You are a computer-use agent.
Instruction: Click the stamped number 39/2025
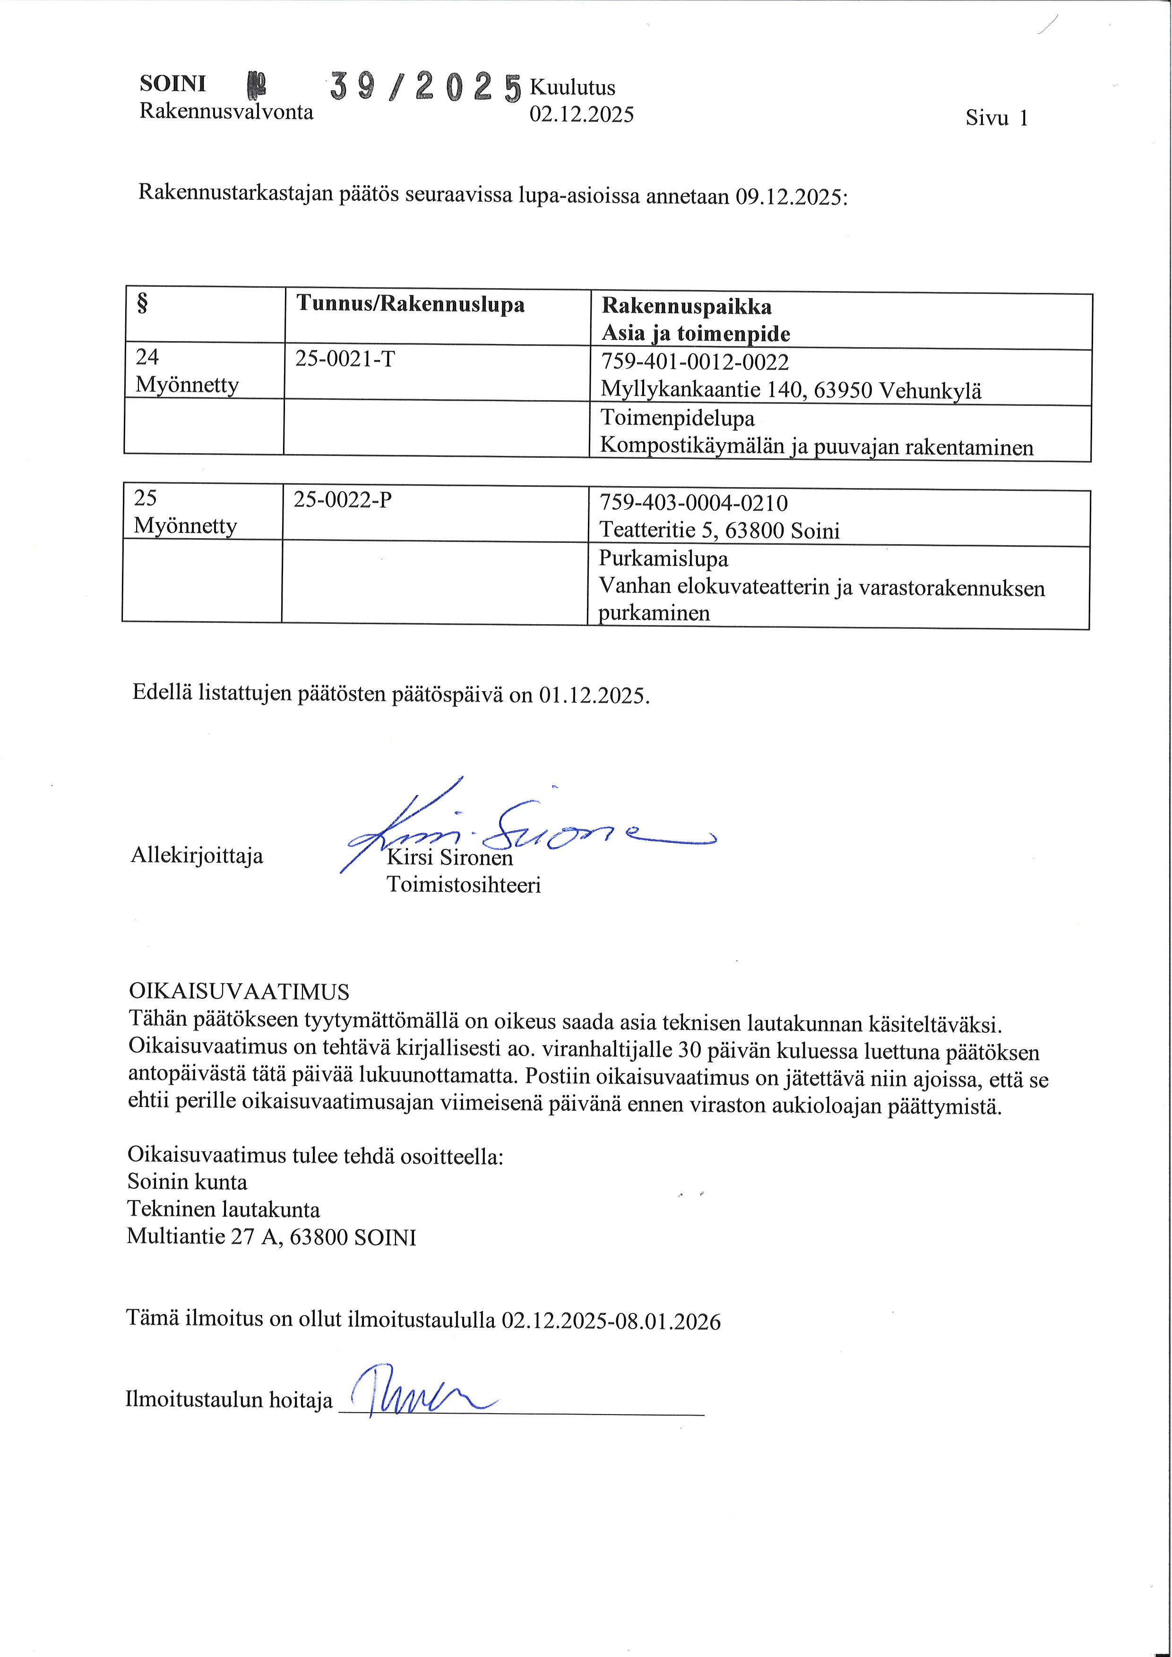(426, 88)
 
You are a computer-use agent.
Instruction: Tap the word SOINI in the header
(172, 84)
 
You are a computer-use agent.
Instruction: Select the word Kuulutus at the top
(572, 87)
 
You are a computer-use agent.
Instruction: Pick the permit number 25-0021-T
(345, 359)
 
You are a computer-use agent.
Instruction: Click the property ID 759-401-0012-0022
(695, 362)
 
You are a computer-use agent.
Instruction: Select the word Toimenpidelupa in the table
(678, 419)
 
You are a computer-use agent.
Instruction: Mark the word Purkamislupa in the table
(663, 558)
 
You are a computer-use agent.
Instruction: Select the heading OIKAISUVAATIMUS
(238, 992)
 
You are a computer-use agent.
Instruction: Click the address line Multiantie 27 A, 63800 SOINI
(271, 1238)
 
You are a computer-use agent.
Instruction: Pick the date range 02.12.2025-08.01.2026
(611, 1322)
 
